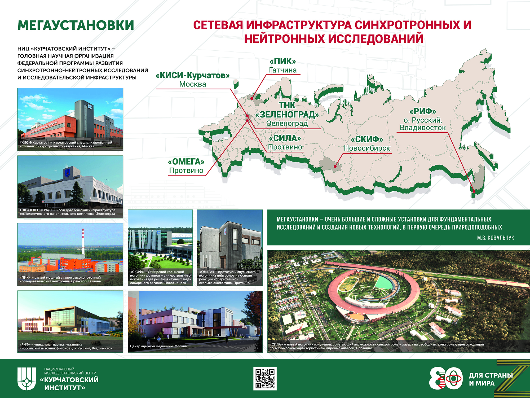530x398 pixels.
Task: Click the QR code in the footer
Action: [265, 378]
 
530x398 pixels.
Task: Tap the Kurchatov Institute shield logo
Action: [27, 379]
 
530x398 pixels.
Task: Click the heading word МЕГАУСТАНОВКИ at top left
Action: [76, 25]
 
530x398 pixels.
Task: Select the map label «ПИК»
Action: [283, 61]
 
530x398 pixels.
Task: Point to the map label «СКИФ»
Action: [367, 139]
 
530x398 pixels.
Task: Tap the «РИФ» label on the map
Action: [423, 111]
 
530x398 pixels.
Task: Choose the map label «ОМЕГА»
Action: [186, 161]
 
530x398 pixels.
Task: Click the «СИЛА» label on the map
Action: [285, 138]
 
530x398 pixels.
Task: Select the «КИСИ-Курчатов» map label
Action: [193, 75]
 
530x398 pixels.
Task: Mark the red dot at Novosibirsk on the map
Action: [335, 167]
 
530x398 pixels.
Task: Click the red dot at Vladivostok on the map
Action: [474, 191]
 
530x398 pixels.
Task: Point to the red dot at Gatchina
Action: [252, 98]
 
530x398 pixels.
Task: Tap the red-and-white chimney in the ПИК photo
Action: [83, 242]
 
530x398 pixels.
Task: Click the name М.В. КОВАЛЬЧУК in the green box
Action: [496, 238]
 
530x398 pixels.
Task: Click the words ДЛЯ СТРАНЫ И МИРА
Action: [491, 379]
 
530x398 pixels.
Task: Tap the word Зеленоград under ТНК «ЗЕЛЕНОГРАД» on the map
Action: [287, 124]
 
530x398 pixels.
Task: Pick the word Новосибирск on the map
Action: [367, 148]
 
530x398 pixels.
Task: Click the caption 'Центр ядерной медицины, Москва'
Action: [158, 346]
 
